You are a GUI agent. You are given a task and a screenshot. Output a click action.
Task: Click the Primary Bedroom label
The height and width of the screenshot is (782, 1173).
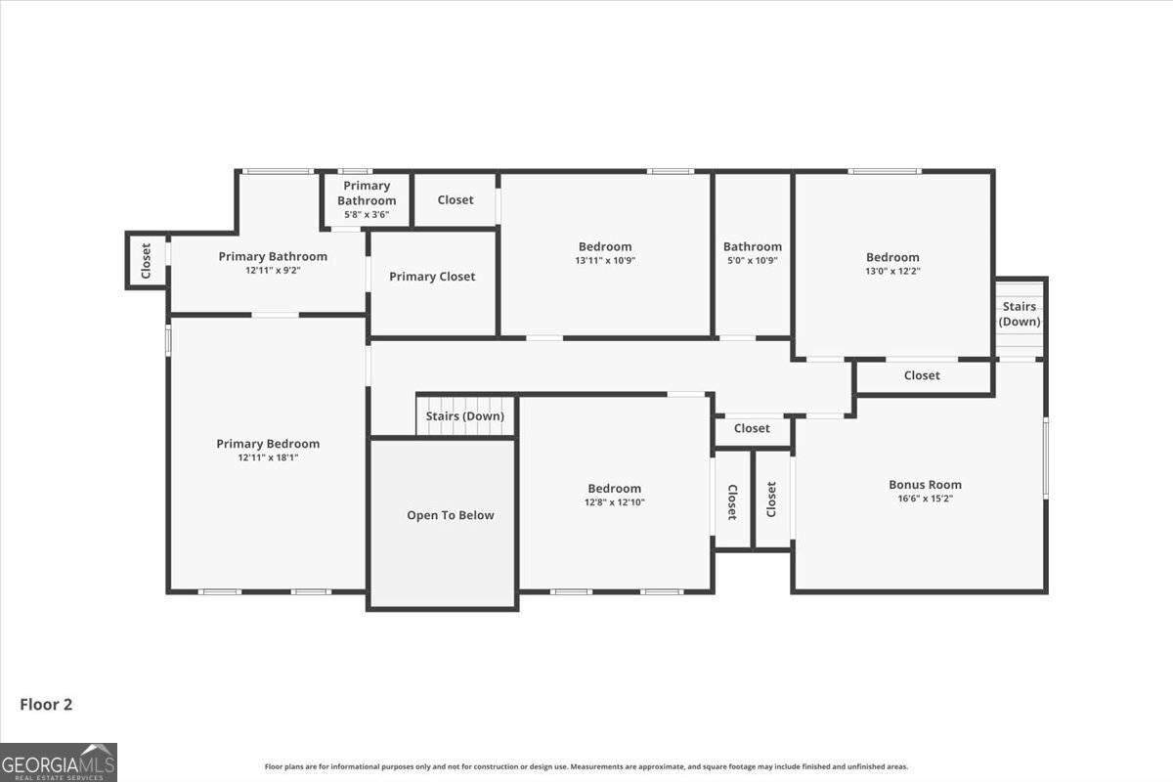pos(268,444)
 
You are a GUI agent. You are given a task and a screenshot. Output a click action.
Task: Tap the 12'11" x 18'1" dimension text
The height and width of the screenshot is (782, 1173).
pos(268,457)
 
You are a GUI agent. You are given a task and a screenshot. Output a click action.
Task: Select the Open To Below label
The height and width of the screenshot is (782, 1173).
pos(451,515)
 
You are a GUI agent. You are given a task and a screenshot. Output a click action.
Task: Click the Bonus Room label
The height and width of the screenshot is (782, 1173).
pos(925,485)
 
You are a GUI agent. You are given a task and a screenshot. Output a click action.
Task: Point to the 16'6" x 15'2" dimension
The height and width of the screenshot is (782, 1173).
pos(925,499)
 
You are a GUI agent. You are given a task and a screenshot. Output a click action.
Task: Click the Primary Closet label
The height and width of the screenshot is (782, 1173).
pos(432,277)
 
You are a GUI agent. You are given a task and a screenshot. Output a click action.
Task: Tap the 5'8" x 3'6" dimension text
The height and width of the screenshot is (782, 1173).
pos(367,214)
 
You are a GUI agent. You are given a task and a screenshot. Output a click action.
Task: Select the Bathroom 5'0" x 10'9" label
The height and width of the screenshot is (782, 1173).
pos(753,247)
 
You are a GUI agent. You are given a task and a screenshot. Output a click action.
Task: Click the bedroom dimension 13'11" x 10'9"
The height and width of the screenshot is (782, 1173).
pos(605,261)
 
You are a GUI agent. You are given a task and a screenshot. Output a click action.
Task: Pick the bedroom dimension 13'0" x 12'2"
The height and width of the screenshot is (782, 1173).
pos(892,271)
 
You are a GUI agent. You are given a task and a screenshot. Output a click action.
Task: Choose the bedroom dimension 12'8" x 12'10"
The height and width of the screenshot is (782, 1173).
pos(615,502)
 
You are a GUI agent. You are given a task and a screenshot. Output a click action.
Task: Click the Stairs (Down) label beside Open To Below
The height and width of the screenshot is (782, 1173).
pos(465,416)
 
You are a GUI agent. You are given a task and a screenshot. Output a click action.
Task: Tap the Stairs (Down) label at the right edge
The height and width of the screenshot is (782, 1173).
pos(1020,314)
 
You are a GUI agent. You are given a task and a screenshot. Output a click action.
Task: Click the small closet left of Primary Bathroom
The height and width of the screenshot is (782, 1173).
pos(147,261)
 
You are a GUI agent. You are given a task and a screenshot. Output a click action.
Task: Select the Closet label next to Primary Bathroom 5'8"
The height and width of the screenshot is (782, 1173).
pos(456,200)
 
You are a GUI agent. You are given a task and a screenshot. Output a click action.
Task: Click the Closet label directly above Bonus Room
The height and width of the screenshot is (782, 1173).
pos(922,375)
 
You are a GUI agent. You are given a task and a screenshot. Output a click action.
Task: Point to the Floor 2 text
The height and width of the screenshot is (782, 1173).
pos(46,704)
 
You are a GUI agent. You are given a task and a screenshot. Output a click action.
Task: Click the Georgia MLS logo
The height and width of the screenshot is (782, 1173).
pos(59,761)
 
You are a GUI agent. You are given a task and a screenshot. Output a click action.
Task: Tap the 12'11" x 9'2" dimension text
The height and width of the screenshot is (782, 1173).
pos(273,271)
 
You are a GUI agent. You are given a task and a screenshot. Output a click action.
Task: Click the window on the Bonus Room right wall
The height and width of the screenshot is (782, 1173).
pos(1045,457)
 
